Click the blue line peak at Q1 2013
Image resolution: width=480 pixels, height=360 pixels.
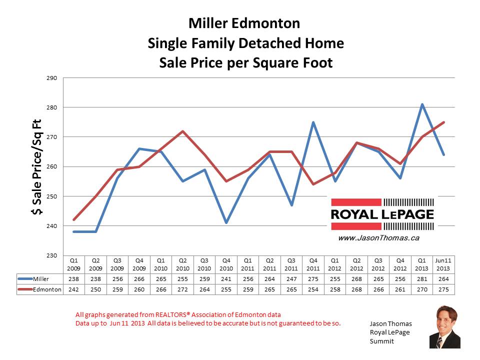[422, 104]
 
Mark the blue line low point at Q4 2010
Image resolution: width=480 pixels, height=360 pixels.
[226, 222]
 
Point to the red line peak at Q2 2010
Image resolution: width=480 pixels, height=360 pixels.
[182, 131]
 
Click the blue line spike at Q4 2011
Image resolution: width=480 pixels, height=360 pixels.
[313, 122]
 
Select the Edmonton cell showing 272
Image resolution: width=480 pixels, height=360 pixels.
[182, 289]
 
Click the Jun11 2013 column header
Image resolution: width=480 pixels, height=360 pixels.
[443, 263]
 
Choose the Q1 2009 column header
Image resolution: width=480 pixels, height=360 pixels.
[74, 263]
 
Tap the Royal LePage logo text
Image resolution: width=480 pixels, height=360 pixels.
[382, 214]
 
